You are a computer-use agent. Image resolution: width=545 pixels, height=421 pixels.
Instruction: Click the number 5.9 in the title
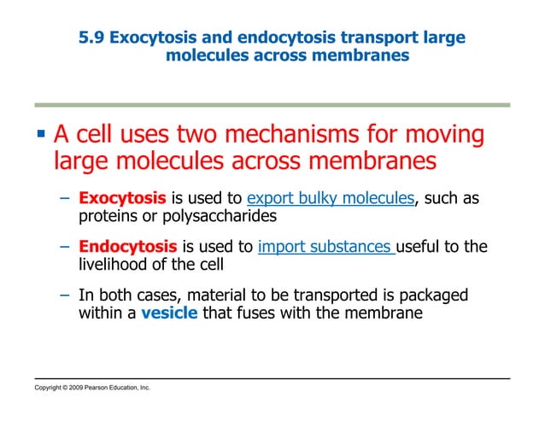pos(91,38)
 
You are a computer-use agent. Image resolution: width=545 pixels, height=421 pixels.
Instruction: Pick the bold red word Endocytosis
pos(127,248)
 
